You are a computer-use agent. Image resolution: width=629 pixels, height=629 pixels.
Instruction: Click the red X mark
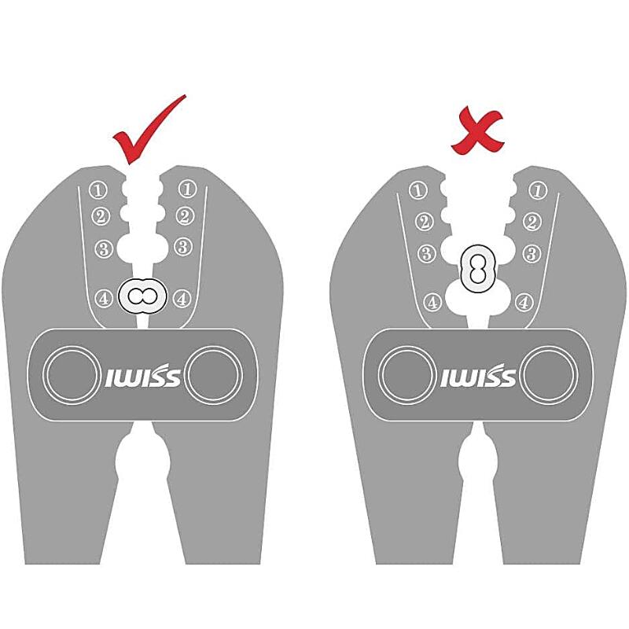tap(476, 132)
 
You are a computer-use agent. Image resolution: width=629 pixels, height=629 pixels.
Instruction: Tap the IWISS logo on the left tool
tap(142, 376)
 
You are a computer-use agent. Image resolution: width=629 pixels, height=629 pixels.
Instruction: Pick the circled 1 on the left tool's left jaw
tap(97, 189)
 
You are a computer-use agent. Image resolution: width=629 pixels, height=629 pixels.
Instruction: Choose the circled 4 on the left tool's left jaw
tap(103, 299)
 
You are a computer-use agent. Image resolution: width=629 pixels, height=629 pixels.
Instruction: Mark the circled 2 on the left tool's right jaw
tap(185, 216)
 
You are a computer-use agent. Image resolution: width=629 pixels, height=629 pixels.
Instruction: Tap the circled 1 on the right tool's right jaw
tap(538, 190)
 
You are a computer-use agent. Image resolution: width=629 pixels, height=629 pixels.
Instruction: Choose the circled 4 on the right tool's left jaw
tap(432, 302)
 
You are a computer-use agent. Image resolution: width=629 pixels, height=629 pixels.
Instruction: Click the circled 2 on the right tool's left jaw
tap(424, 223)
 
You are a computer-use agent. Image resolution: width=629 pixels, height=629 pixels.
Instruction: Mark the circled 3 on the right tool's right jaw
tap(532, 254)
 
